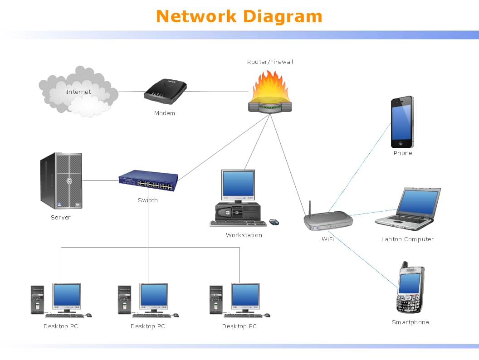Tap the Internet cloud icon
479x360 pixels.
pos(78,92)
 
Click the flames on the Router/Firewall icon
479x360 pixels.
pos(270,87)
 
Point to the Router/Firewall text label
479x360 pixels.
pos(270,62)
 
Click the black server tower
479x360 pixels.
pos(61,180)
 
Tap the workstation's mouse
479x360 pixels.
pos(274,222)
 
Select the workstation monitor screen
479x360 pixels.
pos(238,184)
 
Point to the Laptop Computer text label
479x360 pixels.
pos(407,239)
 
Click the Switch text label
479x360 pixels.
pos(148,200)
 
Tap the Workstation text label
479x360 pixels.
pos(244,235)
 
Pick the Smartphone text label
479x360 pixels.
pos(410,322)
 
